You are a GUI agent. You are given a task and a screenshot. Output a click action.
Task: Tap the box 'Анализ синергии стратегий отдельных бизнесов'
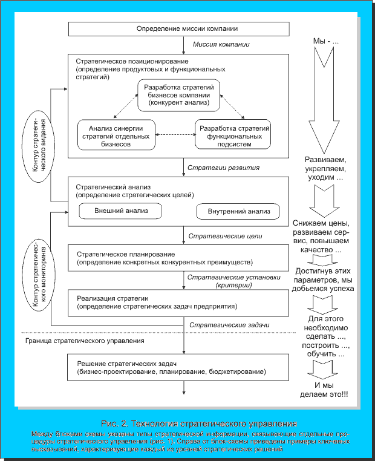point(117,136)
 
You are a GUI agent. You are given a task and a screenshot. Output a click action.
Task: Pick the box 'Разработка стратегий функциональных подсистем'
point(233,136)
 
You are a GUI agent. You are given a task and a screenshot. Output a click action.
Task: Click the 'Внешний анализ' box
point(122,212)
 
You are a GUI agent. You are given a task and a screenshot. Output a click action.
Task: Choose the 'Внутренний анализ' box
point(238,212)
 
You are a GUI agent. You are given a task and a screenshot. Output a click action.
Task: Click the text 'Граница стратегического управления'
point(93,341)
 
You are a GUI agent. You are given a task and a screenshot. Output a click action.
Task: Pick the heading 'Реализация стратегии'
point(108,298)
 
